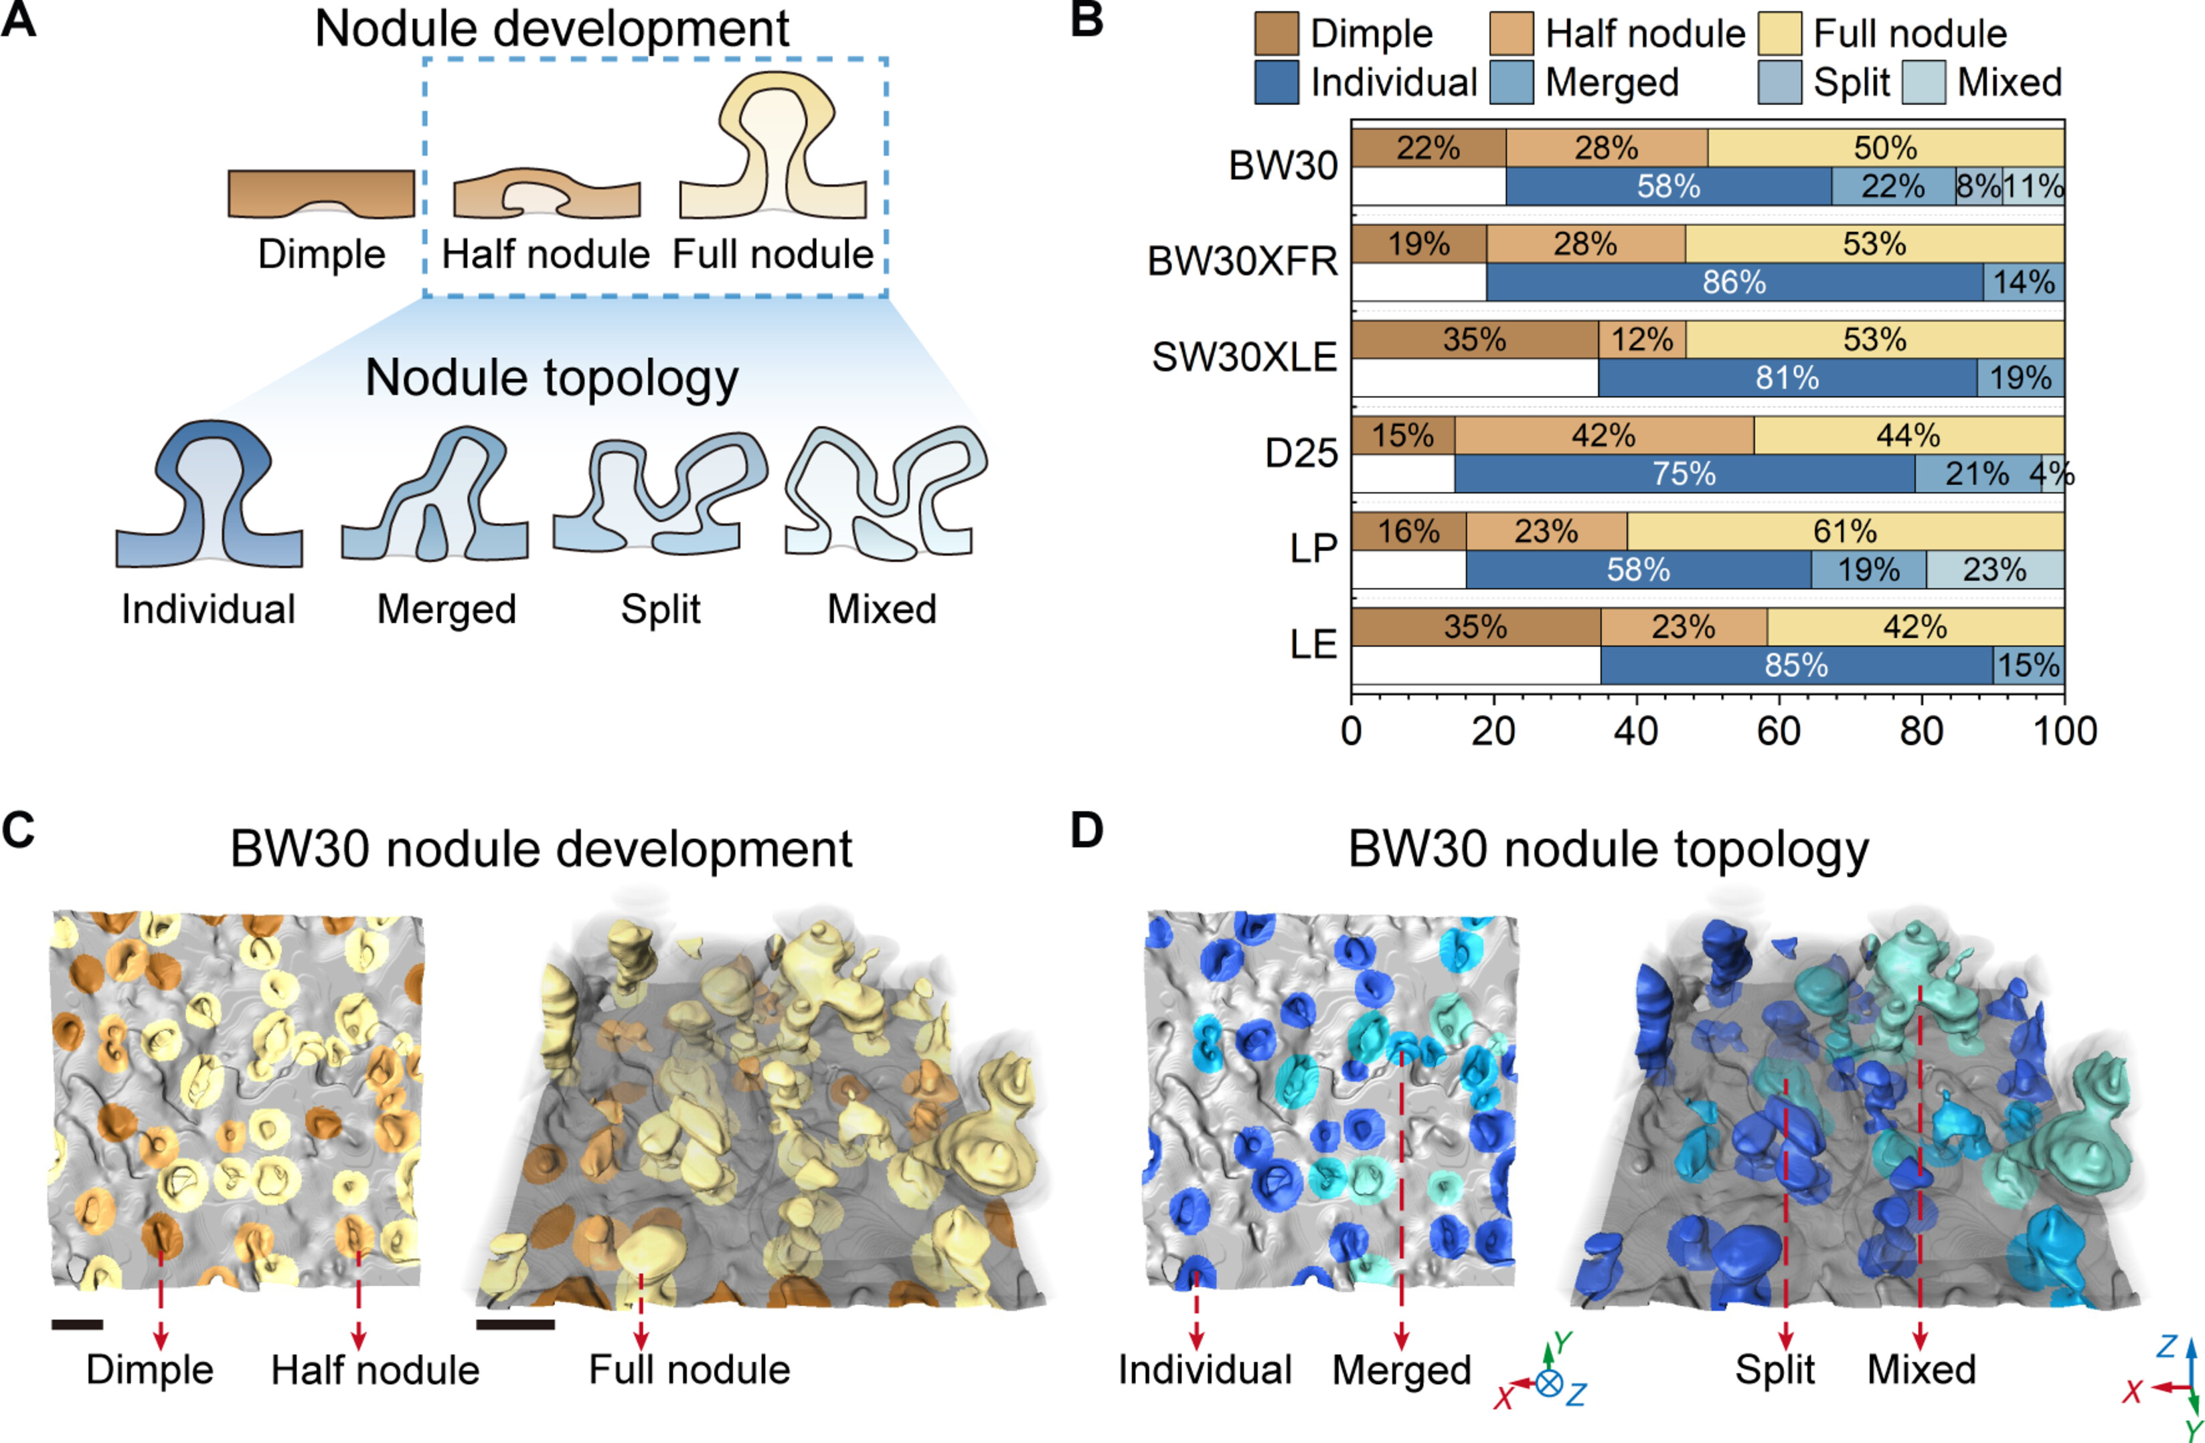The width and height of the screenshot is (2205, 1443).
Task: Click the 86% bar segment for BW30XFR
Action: coord(1734,282)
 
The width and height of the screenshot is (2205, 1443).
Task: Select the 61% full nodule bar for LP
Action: coord(1845,532)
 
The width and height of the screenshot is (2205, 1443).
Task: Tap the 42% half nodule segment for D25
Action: coord(1604,436)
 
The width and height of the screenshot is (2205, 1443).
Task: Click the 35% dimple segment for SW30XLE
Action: coord(1474,340)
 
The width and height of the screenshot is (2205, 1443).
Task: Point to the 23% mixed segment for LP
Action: coord(1995,569)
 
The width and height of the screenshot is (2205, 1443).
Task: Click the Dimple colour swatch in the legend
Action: coord(1277,34)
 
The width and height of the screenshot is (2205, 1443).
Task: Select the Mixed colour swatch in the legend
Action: coord(1923,82)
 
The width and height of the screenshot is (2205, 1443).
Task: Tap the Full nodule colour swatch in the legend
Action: coord(1780,34)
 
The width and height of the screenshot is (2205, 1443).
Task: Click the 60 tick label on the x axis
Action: coord(1778,732)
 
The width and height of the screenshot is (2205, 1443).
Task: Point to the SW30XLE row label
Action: coord(1244,357)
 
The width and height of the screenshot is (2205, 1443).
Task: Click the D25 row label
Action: coord(1302,454)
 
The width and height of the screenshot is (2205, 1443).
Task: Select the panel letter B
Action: coord(1086,20)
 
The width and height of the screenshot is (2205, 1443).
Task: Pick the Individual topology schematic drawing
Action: coord(210,496)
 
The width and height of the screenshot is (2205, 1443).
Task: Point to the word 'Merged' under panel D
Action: coord(1402,1370)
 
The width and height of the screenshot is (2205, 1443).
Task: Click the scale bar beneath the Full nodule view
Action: coord(515,1325)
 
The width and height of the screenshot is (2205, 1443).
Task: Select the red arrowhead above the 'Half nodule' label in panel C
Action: coord(359,1339)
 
